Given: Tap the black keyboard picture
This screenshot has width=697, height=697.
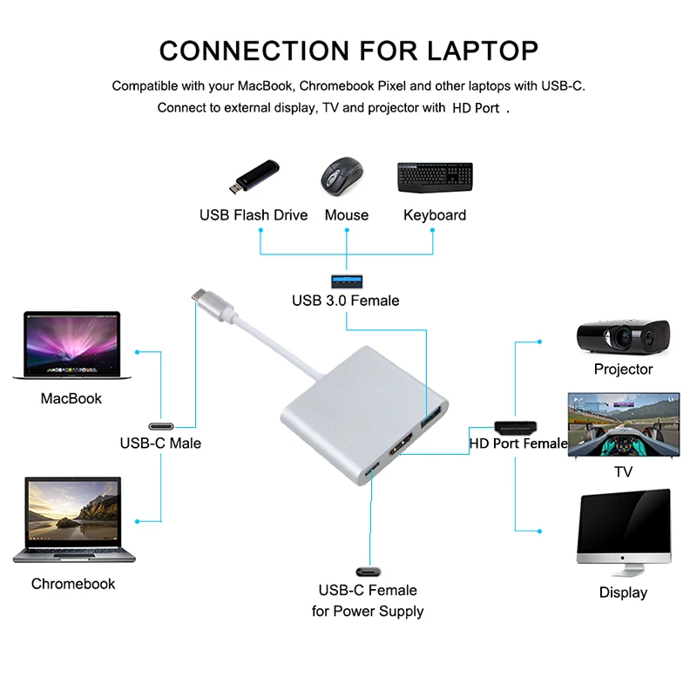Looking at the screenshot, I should pos(435,178).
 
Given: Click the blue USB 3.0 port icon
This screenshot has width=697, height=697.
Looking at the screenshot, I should pos(345,281).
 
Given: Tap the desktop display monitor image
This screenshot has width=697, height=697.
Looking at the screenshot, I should pos(624,531).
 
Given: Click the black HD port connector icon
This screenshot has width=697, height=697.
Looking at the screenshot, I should pos(516,427).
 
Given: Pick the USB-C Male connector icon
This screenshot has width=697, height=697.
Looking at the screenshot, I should pos(161,427).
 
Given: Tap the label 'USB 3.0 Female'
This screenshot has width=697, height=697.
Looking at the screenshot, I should pos(345,301).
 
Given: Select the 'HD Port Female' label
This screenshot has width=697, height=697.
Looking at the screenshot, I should pos(518,443).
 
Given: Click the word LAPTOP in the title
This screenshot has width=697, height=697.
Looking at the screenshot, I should pos(482,50).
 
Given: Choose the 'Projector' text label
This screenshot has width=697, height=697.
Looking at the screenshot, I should pos(623,369).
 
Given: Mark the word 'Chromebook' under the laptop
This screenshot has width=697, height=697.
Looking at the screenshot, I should pos(73,584).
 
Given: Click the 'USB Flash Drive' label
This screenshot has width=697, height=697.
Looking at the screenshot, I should pos(254,215).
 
